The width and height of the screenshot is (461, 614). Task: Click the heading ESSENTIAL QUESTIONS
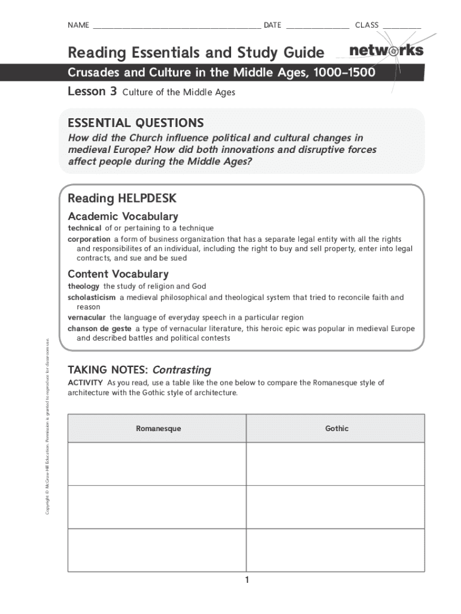pyautogui.click(x=136, y=123)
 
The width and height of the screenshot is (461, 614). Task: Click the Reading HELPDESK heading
pyautogui.click(x=122, y=198)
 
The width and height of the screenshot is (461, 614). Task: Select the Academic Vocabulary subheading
pyautogui.click(x=123, y=216)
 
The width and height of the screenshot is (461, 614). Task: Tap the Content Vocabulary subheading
pyautogui.click(x=118, y=274)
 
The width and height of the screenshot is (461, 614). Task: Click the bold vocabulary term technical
pyautogui.click(x=84, y=228)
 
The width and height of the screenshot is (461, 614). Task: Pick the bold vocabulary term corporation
pyautogui.click(x=89, y=239)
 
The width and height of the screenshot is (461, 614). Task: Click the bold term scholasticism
pyautogui.click(x=92, y=297)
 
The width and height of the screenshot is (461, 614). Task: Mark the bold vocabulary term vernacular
pyautogui.click(x=87, y=317)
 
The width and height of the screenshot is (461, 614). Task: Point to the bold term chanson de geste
pyautogui.click(x=99, y=329)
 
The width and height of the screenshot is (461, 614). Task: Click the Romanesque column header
pyautogui.click(x=158, y=429)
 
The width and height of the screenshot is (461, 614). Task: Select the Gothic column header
pyautogui.click(x=336, y=429)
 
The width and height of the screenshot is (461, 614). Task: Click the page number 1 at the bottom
pyautogui.click(x=246, y=580)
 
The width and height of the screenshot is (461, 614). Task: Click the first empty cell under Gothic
pyautogui.click(x=335, y=463)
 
